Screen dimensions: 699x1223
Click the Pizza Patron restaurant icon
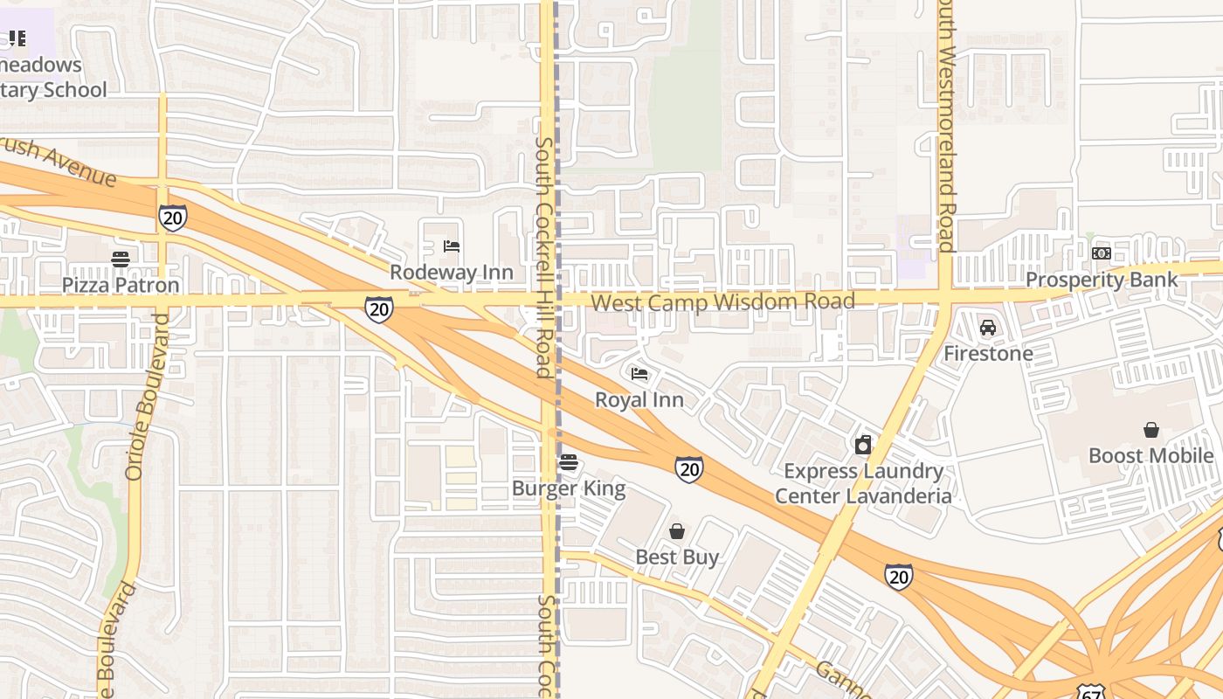(121, 259)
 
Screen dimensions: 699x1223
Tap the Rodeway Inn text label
(451, 272)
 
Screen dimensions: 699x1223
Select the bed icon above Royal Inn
(639, 374)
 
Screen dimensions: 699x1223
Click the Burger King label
(569, 488)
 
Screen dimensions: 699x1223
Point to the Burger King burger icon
(569, 461)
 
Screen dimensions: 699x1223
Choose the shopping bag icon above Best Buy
(677, 531)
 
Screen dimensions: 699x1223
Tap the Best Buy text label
(677, 557)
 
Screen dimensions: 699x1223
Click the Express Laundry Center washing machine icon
(863, 445)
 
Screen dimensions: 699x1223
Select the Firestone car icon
(988, 328)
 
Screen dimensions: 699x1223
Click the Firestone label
(988, 354)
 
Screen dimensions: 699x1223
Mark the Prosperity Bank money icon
(1102, 253)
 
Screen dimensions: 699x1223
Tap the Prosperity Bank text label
(1102, 280)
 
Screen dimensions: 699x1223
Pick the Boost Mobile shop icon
(1151, 430)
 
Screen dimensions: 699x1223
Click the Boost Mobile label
(1151, 456)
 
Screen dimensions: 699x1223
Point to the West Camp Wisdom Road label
(722, 302)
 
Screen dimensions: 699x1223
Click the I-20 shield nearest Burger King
(689, 469)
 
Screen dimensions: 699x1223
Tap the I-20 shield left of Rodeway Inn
(378, 308)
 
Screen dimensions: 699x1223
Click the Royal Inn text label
(639, 400)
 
